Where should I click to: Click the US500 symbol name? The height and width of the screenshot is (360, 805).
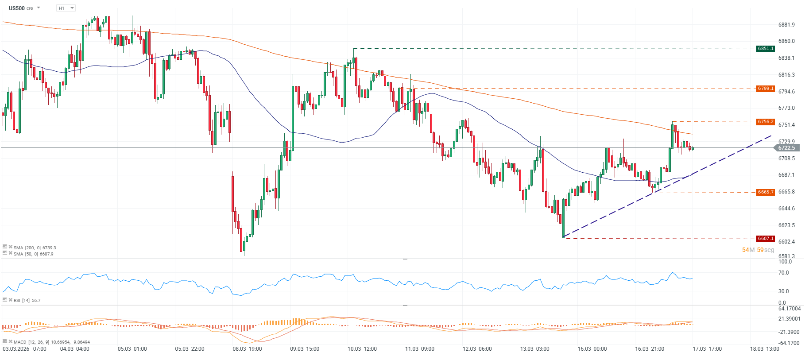17,8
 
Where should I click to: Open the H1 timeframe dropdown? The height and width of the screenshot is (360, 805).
66,8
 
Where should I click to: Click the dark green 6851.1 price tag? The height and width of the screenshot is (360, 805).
765,49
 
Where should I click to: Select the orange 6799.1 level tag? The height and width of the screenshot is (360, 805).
765,89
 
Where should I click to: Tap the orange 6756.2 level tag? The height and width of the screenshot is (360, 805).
765,122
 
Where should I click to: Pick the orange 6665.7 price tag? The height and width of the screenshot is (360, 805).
765,192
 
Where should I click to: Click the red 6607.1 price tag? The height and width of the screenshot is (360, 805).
765,239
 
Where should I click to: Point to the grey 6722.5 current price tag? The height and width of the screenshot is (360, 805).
786,148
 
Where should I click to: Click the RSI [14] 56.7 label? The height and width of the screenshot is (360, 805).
27,300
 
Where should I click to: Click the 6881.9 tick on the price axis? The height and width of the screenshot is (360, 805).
786,25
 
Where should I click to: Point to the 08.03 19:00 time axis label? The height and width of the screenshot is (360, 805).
247,349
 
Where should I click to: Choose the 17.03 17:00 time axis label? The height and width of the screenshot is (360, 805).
707,349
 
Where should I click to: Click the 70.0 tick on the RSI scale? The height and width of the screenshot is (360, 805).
783,273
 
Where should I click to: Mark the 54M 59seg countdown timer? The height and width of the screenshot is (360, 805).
758,250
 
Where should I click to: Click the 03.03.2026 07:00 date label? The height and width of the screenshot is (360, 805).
24,349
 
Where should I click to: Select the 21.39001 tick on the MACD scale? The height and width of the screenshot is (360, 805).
789,319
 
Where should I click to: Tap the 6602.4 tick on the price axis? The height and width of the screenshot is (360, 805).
786,242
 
